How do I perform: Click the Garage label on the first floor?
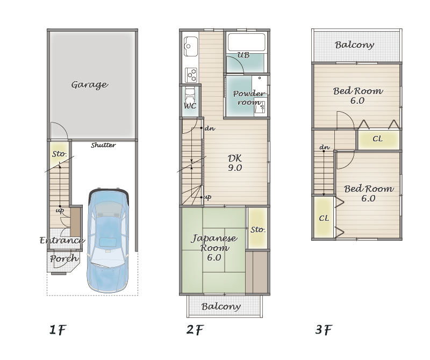tap(90, 85)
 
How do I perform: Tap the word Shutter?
tap(103, 145)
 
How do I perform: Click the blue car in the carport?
tap(108, 240)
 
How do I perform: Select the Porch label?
tap(64, 258)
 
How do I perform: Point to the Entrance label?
tap(62, 241)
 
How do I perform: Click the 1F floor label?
tap(58, 329)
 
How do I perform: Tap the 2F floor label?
tap(195, 329)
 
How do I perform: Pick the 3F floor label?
tap(324, 329)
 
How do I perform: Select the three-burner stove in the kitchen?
tap(191, 75)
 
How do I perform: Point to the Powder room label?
tap(249, 98)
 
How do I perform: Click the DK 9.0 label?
tap(235, 163)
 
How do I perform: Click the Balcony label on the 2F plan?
tap(221, 306)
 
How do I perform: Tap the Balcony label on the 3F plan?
tap(354, 45)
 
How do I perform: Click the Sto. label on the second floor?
tap(258, 229)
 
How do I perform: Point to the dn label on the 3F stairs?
tap(325, 148)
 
